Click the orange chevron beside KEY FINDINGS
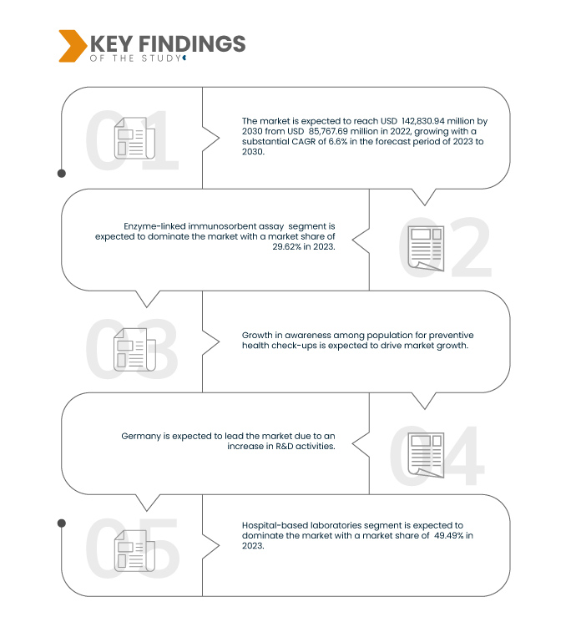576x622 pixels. (73, 46)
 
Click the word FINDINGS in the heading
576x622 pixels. (192, 43)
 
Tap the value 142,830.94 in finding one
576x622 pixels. (423, 121)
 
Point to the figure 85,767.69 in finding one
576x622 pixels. (328, 131)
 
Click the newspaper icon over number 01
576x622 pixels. (134, 138)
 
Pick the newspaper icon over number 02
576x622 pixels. (426, 248)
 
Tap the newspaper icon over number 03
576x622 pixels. (134, 350)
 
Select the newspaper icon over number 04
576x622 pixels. (426, 455)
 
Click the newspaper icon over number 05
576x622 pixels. (134, 550)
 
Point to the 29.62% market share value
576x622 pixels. (286, 247)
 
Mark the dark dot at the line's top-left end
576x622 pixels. (62, 174)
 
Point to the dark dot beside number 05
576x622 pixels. (62, 523)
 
